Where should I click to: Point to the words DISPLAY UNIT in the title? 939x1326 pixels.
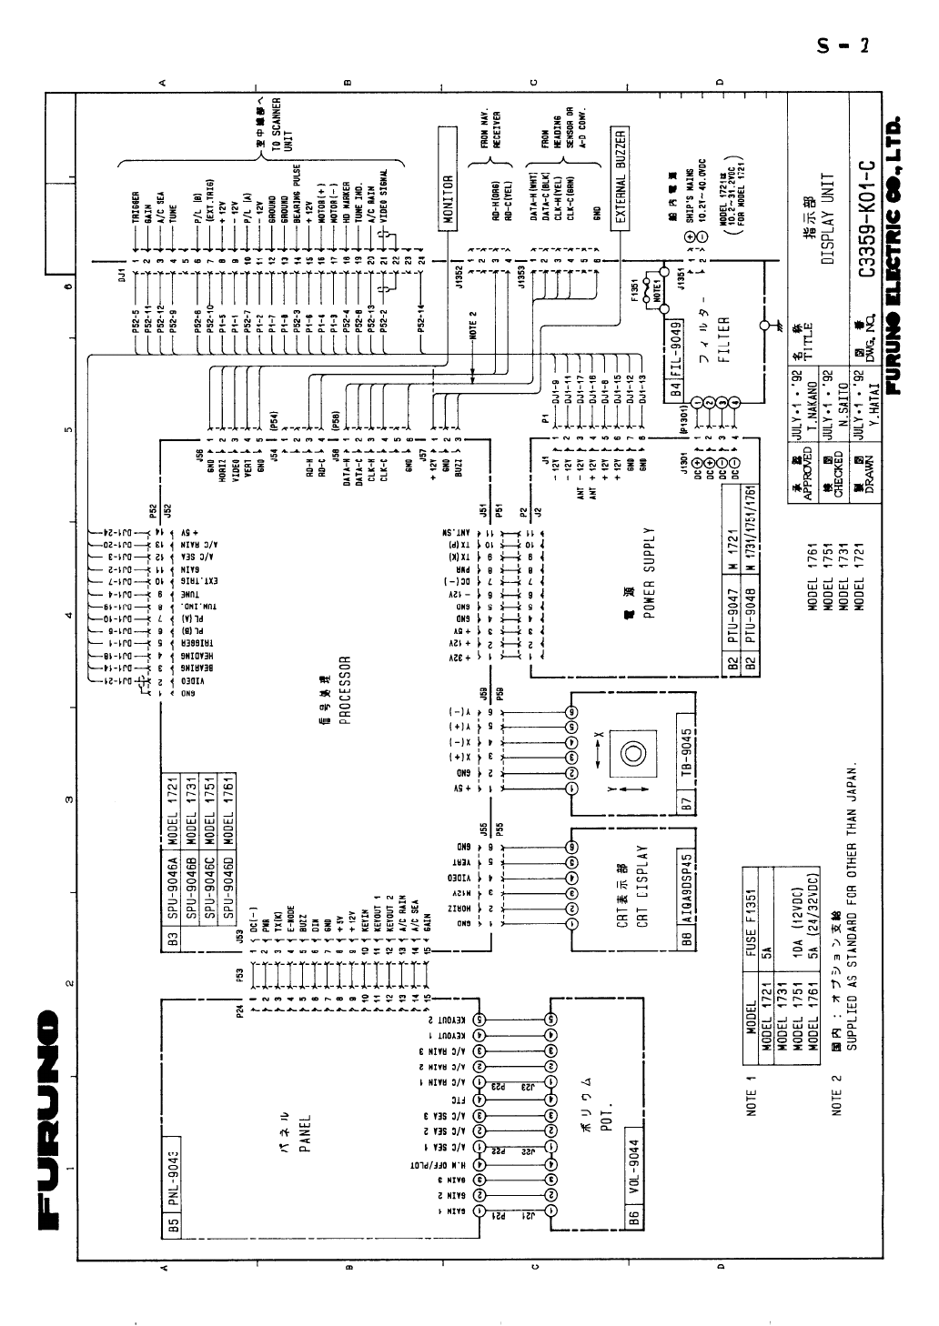tap(828, 218)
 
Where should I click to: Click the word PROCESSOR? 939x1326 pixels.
tap(345, 688)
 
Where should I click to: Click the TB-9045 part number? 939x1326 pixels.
tap(689, 753)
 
